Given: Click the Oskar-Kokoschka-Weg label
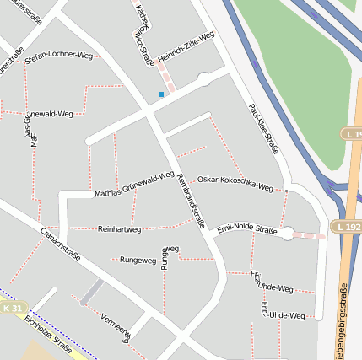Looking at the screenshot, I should pos(235,183).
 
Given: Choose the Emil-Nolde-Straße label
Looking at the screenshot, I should pos(247,229).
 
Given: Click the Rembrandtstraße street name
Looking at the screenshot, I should pos(192,203).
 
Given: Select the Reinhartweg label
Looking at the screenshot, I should pos(120,228).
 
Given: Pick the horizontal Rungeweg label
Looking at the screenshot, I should pos(138,260).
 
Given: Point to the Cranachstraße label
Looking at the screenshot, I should pos(61,242).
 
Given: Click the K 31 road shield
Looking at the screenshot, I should pos(13,309).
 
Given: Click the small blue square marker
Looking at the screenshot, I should pos(160,94).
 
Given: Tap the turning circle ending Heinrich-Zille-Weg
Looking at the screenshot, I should pos(203,79).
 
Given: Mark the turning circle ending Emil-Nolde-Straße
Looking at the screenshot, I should pos(288,234).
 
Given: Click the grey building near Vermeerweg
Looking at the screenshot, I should pos(92,293).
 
